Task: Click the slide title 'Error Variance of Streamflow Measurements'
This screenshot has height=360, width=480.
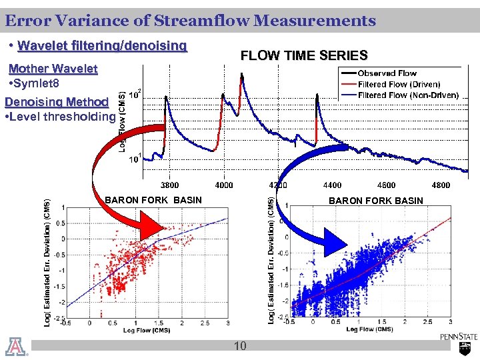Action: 190,21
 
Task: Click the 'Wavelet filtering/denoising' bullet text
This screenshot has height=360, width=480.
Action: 103,46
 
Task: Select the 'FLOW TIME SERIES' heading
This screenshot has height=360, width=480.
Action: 303,56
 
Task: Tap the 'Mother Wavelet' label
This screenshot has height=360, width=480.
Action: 53,69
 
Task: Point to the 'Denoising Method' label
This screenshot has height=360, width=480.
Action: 56,102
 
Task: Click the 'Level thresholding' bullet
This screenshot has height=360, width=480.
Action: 60,117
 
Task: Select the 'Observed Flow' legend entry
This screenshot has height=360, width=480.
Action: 387,73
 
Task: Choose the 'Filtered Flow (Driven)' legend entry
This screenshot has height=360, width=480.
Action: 399,85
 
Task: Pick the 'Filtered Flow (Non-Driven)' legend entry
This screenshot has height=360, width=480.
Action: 408,95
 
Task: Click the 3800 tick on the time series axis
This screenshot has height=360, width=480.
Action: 169,185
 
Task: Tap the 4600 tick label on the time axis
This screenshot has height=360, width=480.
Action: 386,185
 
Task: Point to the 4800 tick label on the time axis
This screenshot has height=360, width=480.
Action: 440,185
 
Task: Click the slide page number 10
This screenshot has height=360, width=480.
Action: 240,345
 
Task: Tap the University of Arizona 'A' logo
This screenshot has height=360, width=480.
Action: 13,347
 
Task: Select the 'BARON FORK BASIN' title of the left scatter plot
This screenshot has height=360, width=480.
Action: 153,200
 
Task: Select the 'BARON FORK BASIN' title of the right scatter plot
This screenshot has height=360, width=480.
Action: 376,201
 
